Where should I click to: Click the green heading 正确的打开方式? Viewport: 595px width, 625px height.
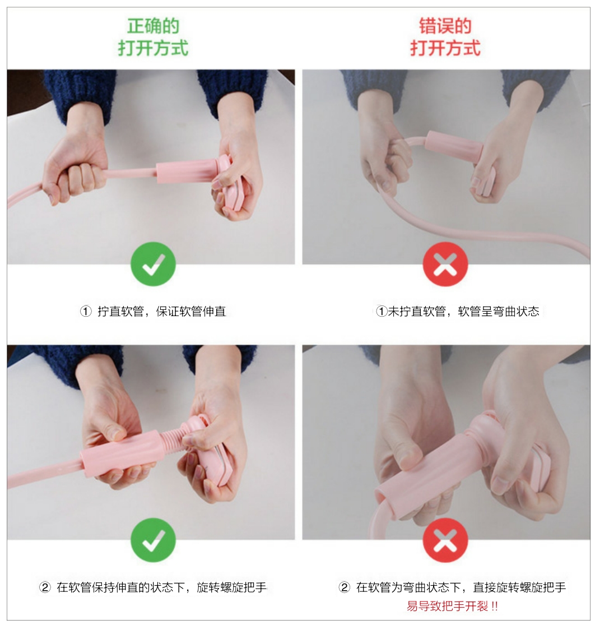click(x=153, y=37)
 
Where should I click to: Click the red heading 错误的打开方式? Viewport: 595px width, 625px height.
click(x=445, y=37)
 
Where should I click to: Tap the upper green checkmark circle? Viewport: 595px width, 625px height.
click(x=153, y=264)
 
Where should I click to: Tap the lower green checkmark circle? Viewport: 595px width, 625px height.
click(x=153, y=540)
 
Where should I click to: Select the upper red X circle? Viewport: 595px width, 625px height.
click(x=445, y=264)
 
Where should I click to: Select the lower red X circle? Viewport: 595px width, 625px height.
click(x=445, y=540)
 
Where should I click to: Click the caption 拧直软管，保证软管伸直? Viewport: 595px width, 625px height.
click(x=161, y=311)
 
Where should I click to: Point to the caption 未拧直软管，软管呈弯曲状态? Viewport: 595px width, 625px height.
click(x=463, y=311)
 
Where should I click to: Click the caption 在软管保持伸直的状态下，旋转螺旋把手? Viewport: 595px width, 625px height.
click(x=161, y=587)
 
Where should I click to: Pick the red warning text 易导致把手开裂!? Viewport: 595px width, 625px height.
click(x=452, y=607)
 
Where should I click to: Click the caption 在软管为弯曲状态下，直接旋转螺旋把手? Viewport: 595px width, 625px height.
click(x=461, y=587)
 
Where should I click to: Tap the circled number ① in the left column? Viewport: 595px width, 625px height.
click(x=86, y=311)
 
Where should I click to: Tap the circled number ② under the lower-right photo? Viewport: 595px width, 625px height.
click(x=345, y=587)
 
